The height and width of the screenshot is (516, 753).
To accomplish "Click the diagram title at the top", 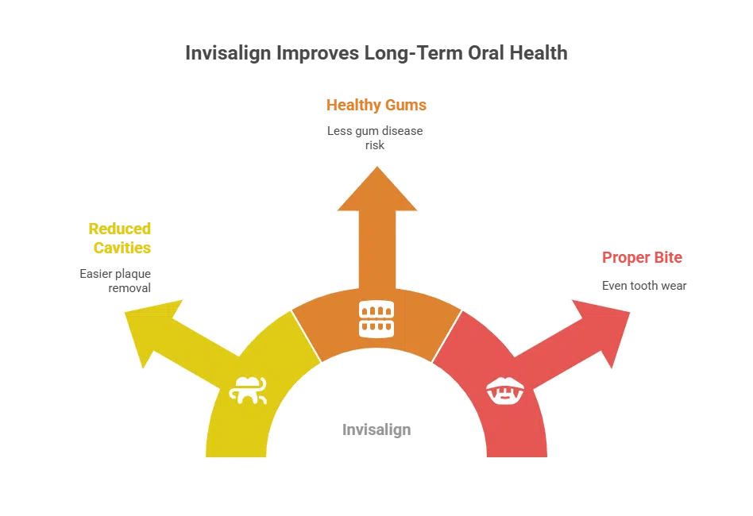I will pyautogui.click(x=376, y=54).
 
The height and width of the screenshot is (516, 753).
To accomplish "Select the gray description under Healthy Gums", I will pyautogui.click(x=374, y=137).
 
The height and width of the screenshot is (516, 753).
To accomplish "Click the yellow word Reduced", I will pyautogui.click(x=120, y=229).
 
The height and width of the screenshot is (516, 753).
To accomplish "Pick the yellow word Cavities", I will pyautogui.click(x=122, y=248).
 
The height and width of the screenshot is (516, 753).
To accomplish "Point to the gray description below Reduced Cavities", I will pyautogui.click(x=114, y=279).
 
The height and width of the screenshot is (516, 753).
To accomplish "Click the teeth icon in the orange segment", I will pyautogui.click(x=376, y=318).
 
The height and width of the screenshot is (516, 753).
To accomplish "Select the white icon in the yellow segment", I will pyautogui.click(x=247, y=390).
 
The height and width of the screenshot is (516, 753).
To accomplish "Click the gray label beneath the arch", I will pyautogui.click(x=378, y=430).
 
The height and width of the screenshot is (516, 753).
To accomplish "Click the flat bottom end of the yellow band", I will pyautogui.click(x=237, y=455).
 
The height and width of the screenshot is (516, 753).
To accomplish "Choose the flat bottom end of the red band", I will pyautogui.click(x=516, y=455).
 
